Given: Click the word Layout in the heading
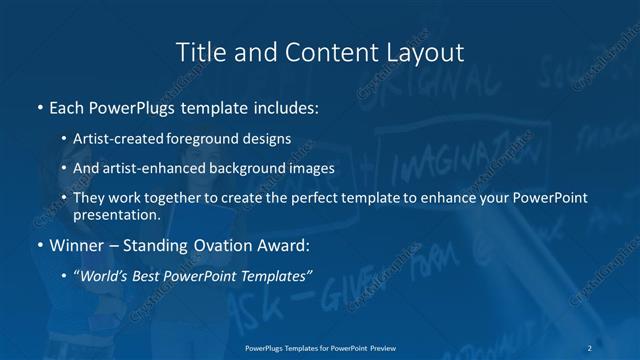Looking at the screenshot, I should (x=427, y=51).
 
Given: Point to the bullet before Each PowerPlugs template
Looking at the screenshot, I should (x=39, y=105).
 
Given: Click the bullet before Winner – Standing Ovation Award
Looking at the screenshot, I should (x=39, y=245).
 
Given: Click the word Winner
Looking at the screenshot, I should (x=76, y=245).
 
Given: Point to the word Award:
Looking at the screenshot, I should (x=282, y=245).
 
